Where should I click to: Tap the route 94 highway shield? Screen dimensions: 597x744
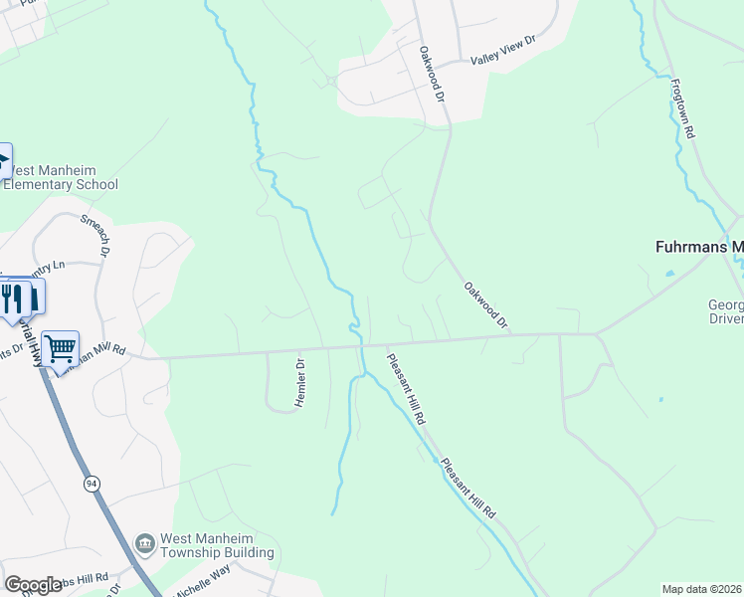pyautogui.click(x=92, y=484)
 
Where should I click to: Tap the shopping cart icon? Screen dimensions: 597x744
pyautogui.click(x=62, y=348)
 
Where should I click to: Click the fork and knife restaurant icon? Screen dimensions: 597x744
pyautogui.click(x=12, y=297)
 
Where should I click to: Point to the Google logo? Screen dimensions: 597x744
pyautogui.click(x=34, y=585)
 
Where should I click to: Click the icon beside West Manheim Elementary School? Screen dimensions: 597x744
pyautogui.click(x=3, y=160)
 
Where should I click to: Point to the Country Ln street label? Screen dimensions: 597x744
pyautogui.click(x=44, y=267)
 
